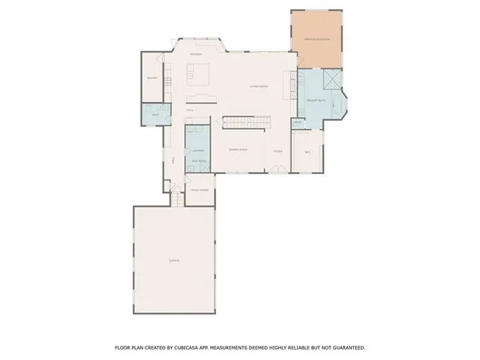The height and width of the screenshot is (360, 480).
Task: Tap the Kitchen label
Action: tap(196, 55)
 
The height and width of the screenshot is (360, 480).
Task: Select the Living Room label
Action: tap(259, 87)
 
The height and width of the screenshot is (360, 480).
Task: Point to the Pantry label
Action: tap(151, 78)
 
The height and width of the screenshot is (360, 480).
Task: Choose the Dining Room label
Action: tap(239, 150)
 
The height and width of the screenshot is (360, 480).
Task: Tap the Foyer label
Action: tap(277, 150)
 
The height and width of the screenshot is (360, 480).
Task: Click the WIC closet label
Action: tap(307, 152)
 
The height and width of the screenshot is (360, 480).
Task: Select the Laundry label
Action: tap(197, 151)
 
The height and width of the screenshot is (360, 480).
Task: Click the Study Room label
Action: tap(199, 190)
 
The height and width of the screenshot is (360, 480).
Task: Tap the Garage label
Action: tap(174, 260)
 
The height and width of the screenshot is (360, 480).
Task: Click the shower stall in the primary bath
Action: tap(328, 80)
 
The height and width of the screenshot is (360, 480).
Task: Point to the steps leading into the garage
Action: tap(175, 199)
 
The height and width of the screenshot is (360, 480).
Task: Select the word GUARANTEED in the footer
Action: tap(347, 348)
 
